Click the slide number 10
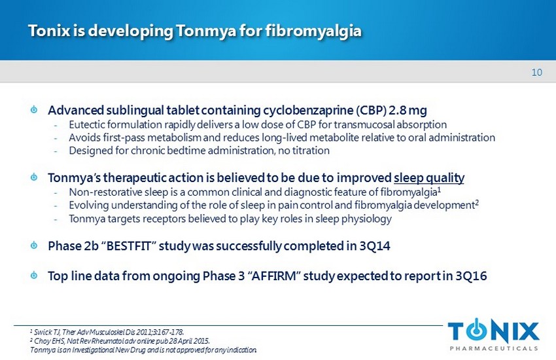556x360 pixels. [x=536, y=73]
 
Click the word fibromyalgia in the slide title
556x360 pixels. [x=313, y=31]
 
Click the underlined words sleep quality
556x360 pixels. [x=429, y=177]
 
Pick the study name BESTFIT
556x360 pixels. [x=127, y=246]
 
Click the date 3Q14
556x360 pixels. [x=375, y=246]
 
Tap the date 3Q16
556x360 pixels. [x=471, y=276]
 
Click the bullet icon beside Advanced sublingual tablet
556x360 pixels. [x=34, y=109]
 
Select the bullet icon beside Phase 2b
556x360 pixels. [x=34, y=245]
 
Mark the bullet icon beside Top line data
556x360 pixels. [x=34, y=275]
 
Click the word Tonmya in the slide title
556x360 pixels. [x=206, y=31]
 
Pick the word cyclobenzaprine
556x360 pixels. [x=308, y=111]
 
